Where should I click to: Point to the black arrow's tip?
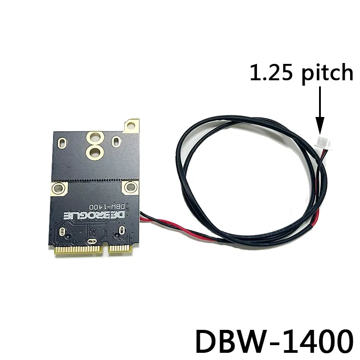coord(320,130)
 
